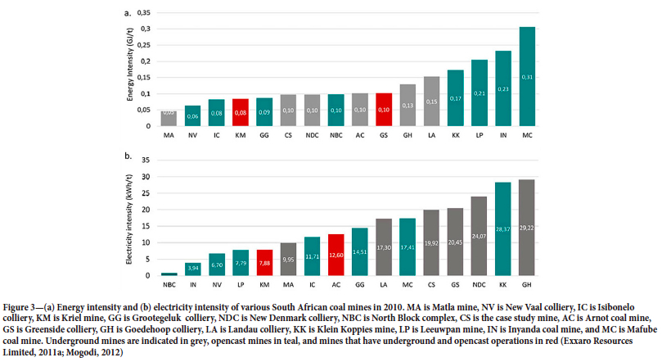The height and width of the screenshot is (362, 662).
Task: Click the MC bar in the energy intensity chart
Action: (528, 77)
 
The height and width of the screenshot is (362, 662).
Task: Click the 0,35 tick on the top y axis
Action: (144, 13)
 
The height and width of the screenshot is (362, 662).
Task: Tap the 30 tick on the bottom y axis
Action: (147, 176)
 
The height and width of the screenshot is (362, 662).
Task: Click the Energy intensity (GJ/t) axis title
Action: (129, 70)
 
